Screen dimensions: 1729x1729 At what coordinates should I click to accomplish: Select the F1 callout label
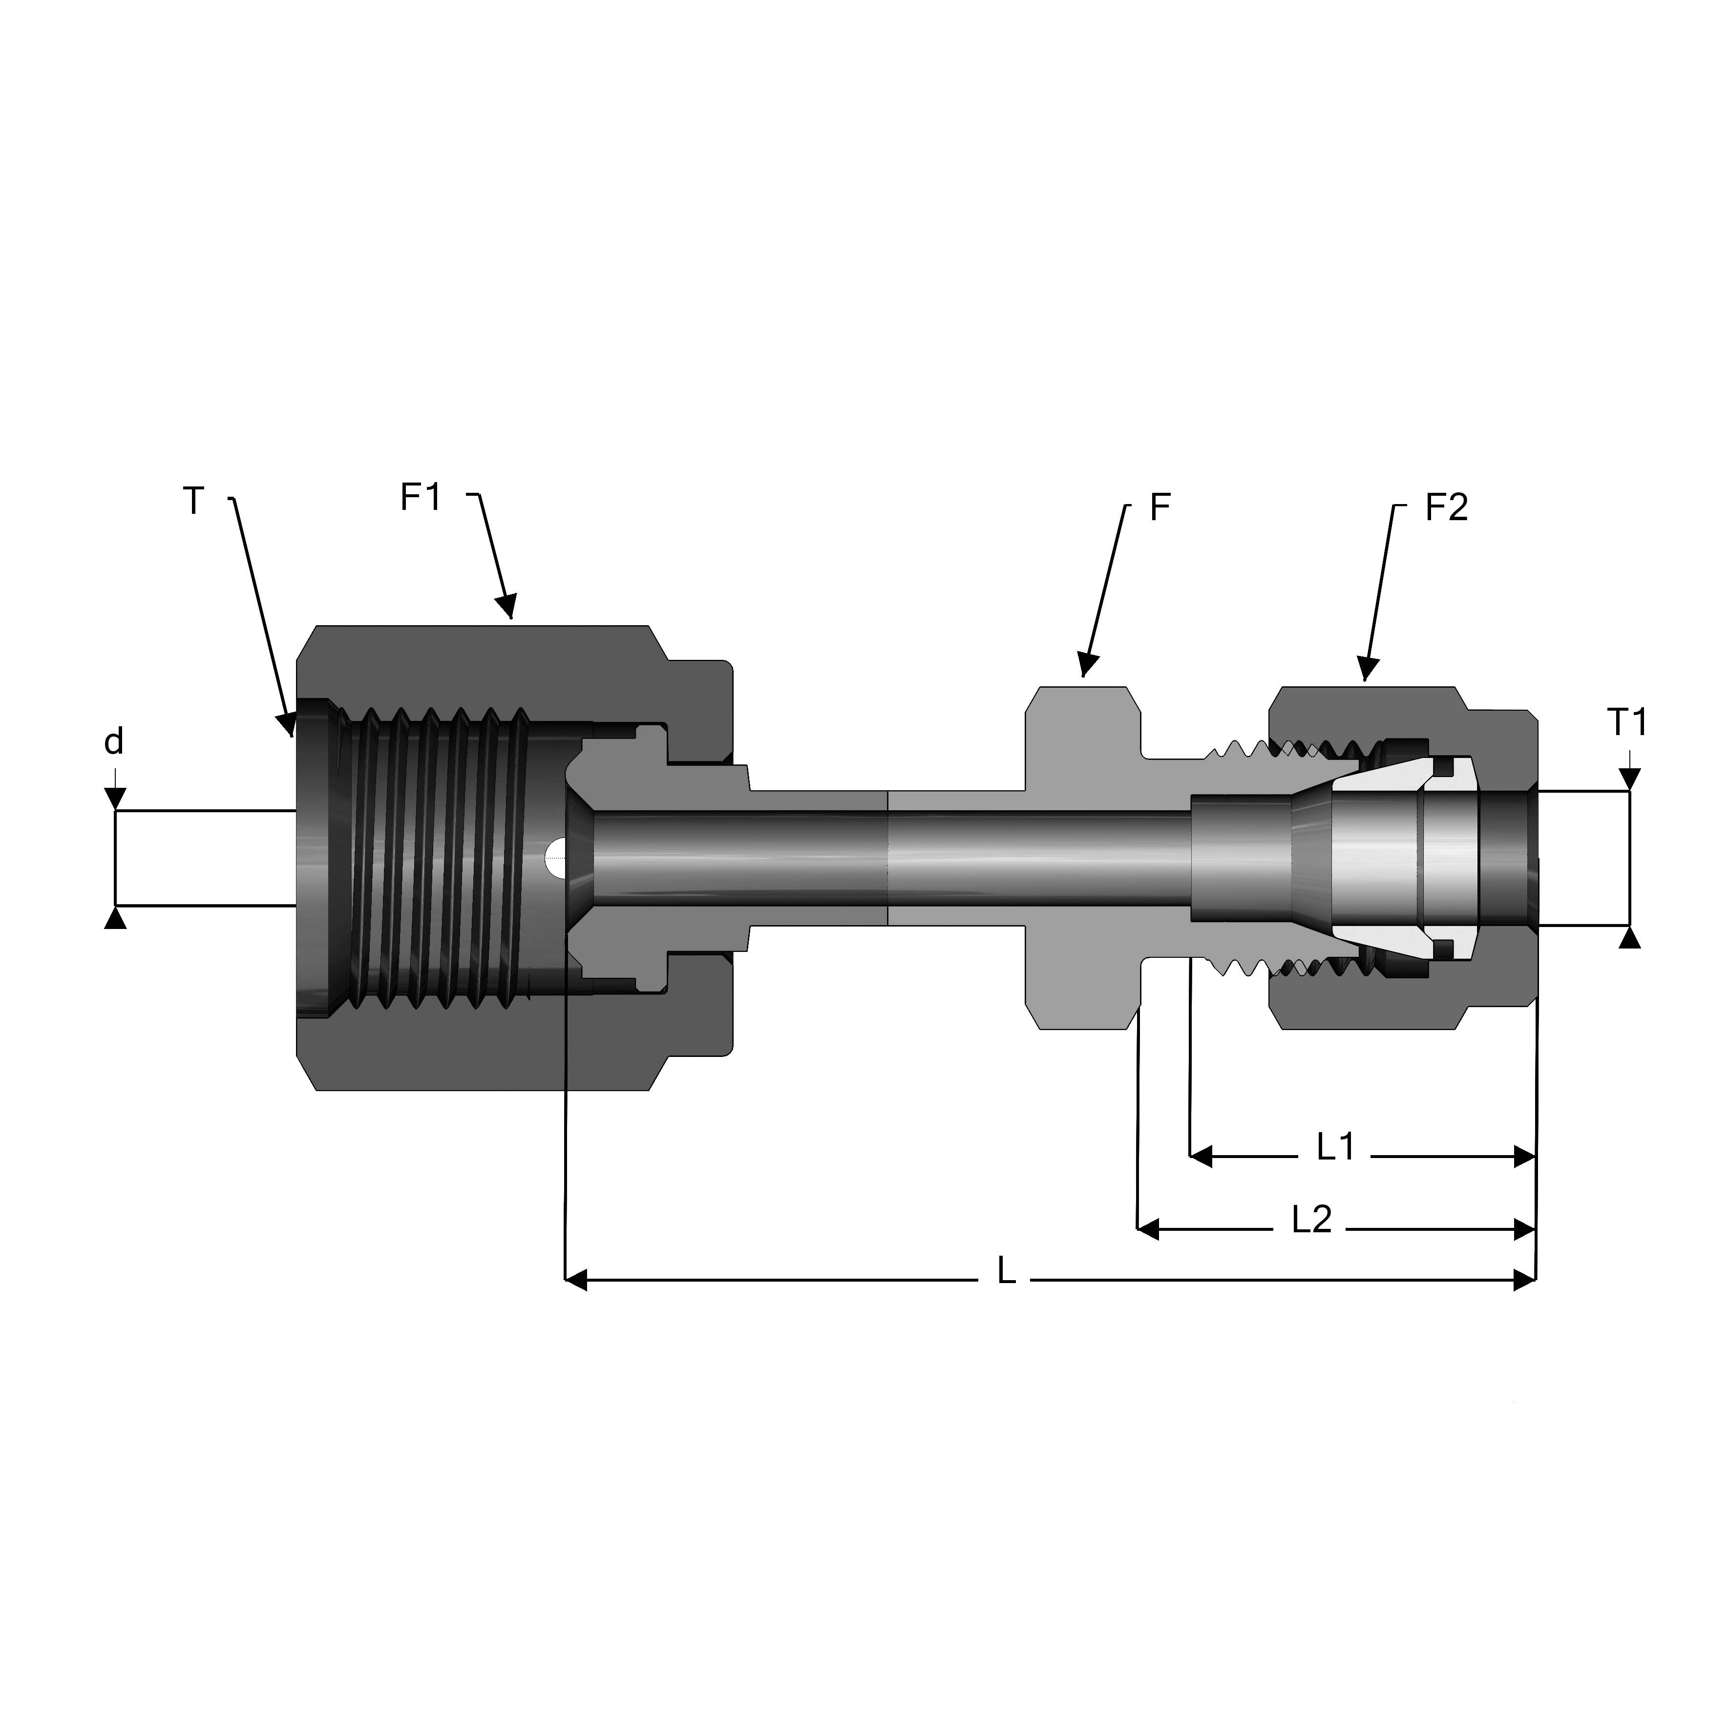click(x=421, y=498)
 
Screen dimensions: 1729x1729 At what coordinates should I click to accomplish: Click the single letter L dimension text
click(x=1007, y=1271)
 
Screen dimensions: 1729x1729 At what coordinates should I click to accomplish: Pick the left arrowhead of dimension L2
click(x=1148, y=1229)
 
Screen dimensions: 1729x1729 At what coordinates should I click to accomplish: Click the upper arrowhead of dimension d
click(x=115, y=799)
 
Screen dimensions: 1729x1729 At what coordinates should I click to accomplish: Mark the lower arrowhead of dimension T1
click(x=1630, y=937)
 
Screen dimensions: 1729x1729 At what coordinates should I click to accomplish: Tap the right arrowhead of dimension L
click(x=1524, y=1280)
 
